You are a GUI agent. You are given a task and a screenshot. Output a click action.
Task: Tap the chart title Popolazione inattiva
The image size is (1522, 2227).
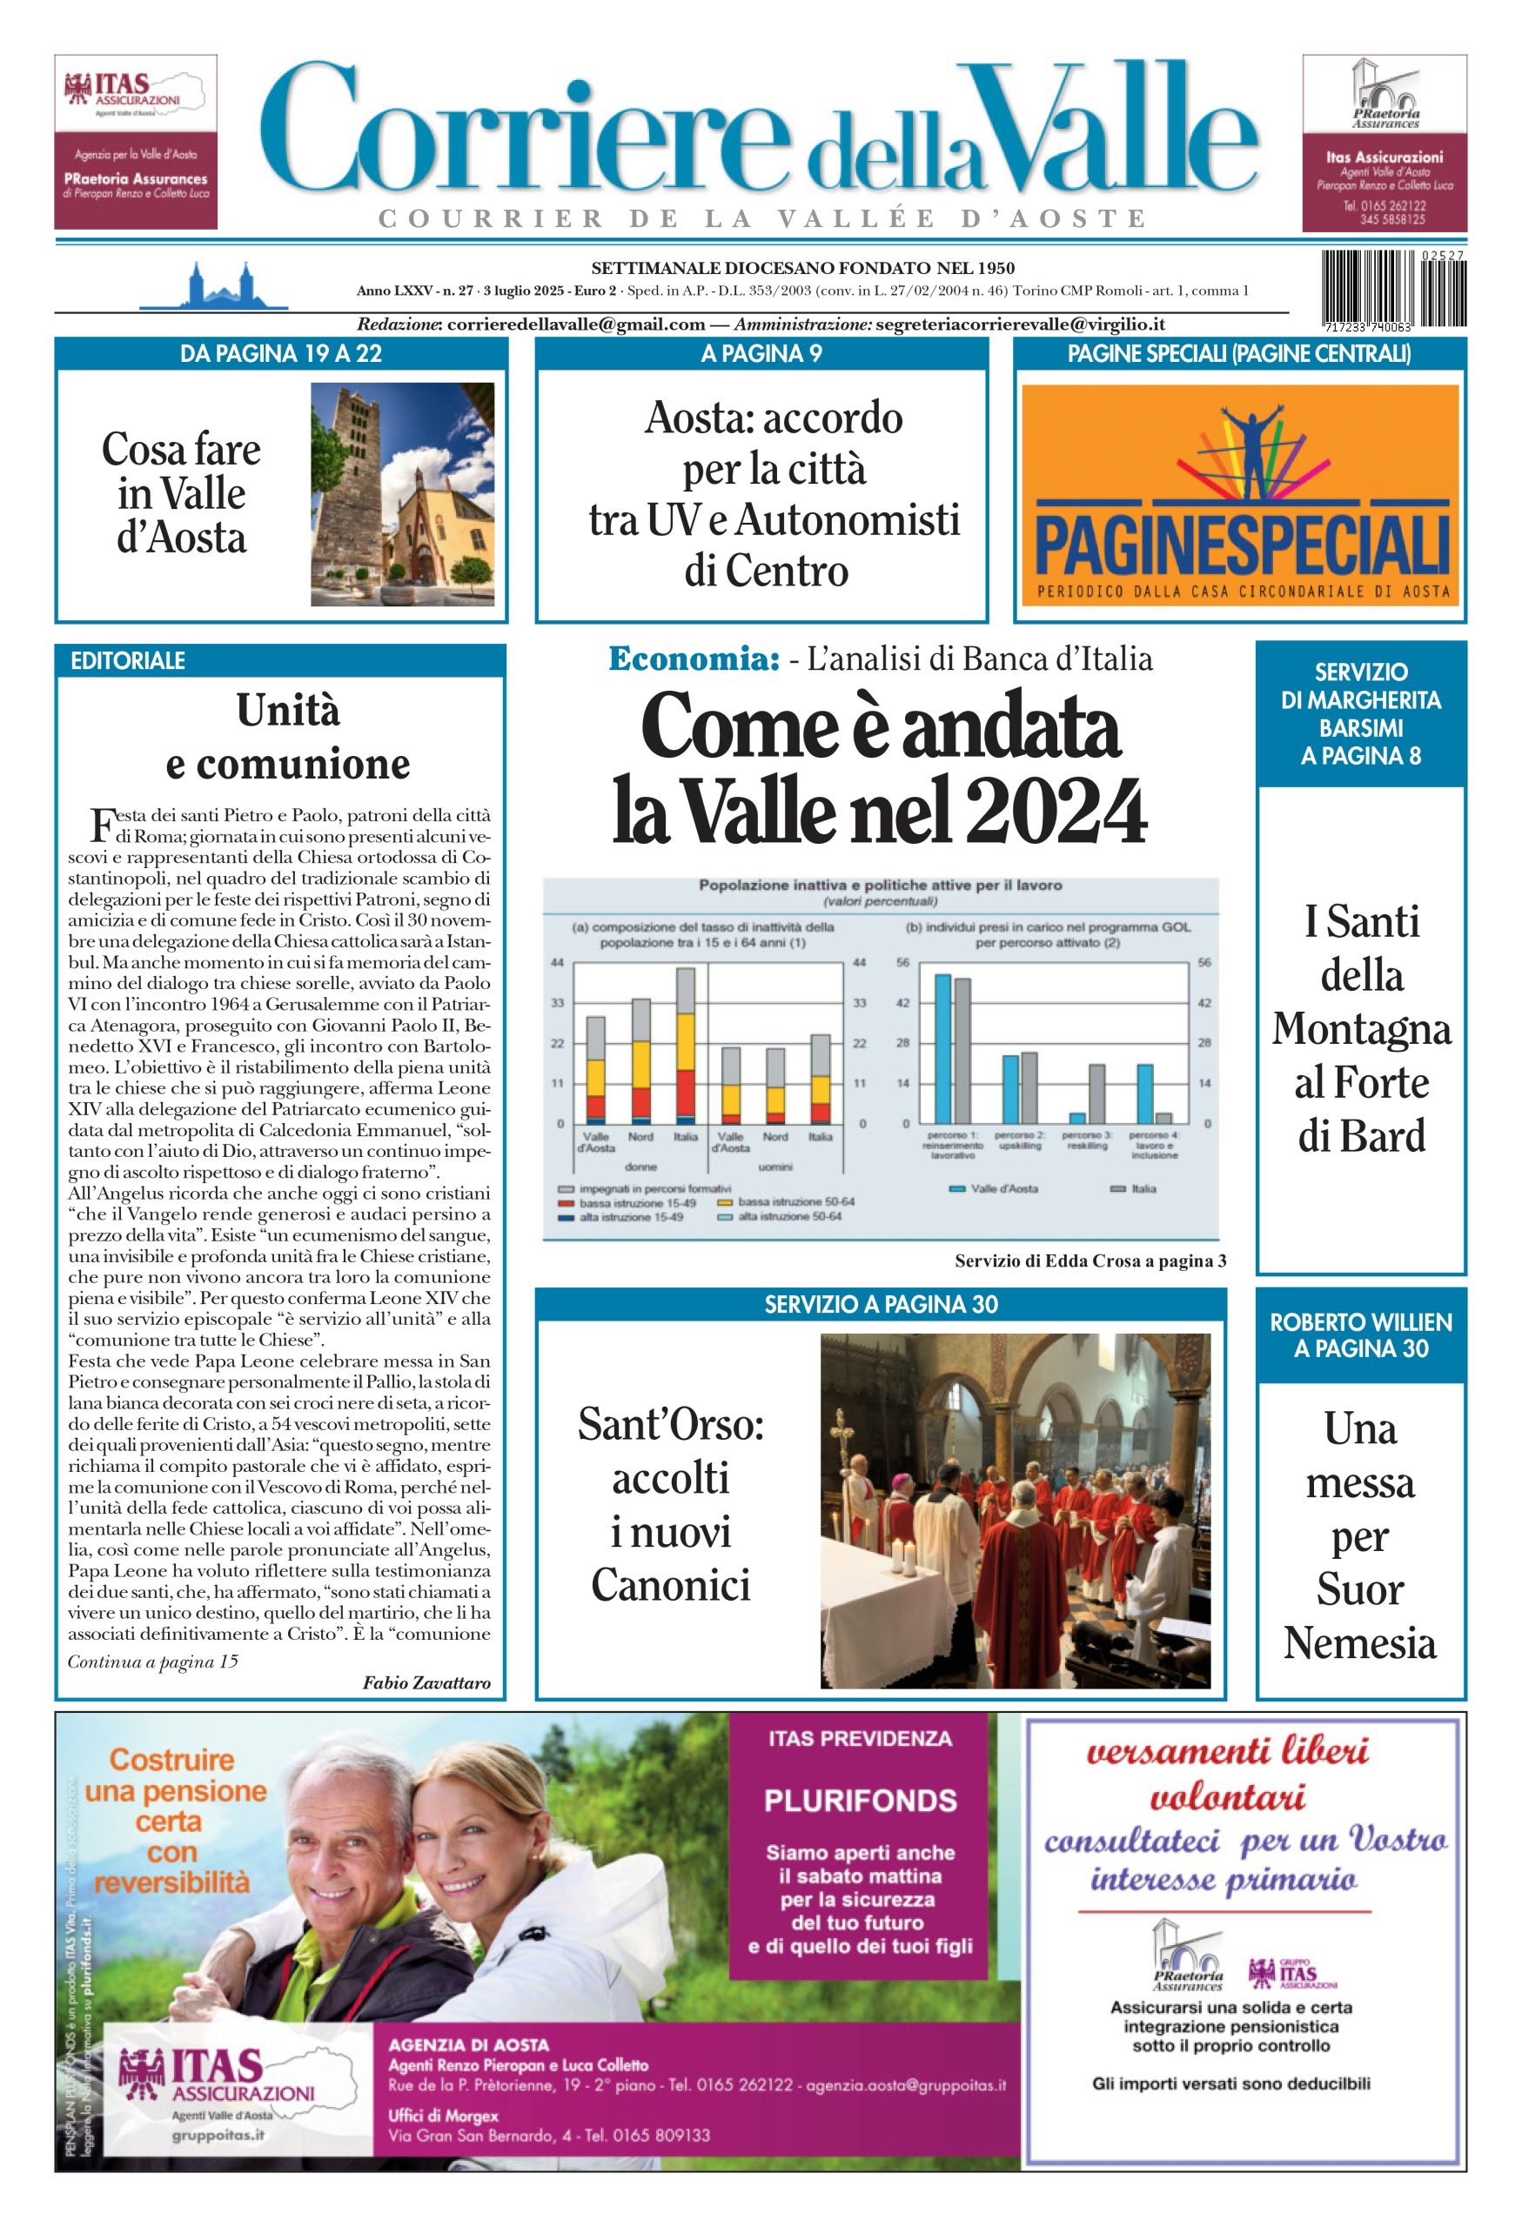(879, 886)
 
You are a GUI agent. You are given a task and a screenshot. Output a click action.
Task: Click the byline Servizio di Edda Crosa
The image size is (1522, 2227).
(1090, 1261)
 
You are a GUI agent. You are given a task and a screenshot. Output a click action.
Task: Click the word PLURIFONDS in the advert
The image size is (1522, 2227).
(860, 1801)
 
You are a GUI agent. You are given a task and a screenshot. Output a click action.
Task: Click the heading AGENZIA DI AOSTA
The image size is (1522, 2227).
(469, 2045)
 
